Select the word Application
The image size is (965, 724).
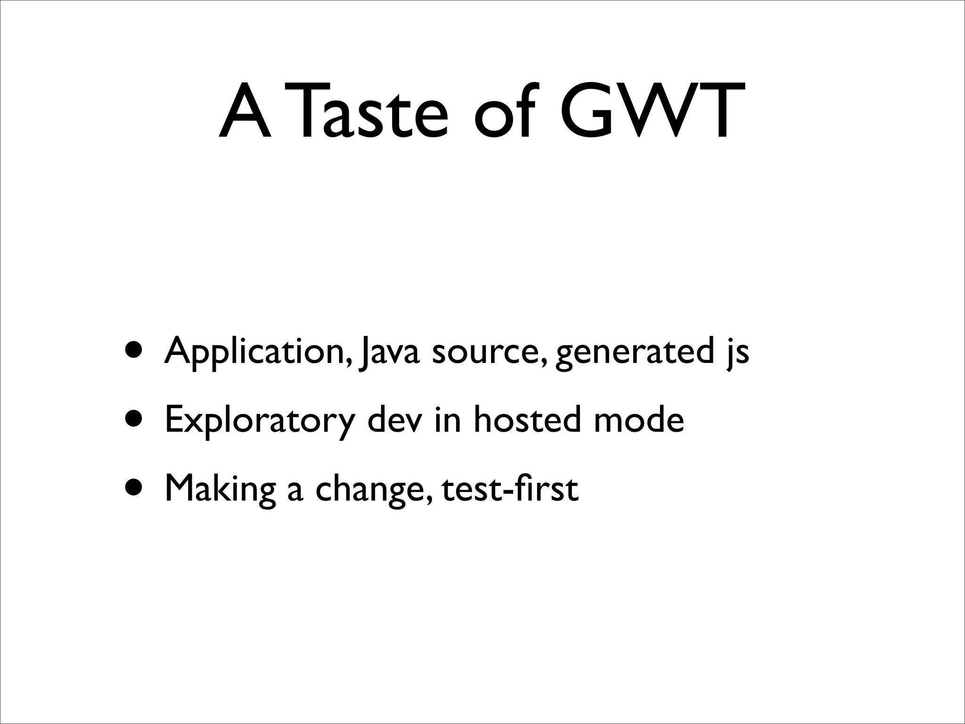click(x=257, y=351)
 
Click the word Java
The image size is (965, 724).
click(x=388, y=351)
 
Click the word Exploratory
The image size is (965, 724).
click(x=259, y=420)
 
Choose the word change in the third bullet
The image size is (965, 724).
click(x=372, y=489)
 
